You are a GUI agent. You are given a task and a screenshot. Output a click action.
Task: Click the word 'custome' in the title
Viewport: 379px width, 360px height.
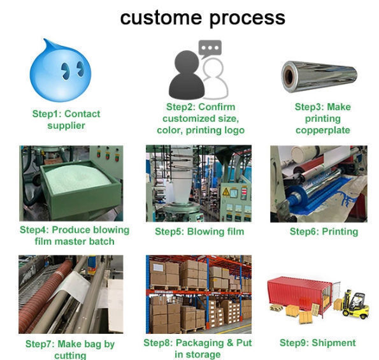(161, 18)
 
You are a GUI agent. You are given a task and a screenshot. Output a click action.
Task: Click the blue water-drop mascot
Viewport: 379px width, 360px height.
(61, 71)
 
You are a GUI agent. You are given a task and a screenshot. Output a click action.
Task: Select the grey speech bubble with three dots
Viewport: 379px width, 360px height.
(210, 49)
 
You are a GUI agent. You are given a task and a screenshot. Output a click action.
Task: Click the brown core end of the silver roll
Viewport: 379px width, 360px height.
(289, 76)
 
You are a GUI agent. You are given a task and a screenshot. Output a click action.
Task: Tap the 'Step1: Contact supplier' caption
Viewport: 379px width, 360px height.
(66, 120)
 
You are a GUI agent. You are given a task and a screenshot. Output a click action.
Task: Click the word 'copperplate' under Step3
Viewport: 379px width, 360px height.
(323, 131)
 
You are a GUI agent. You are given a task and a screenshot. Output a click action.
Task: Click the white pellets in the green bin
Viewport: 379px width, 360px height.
(78, 177)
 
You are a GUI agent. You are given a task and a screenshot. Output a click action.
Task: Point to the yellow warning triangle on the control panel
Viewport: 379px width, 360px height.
(225, 192)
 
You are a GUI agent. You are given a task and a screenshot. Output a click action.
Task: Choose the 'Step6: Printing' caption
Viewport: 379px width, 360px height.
(324, 231)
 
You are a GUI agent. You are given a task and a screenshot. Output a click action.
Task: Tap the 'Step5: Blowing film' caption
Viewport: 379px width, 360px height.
(199, 231)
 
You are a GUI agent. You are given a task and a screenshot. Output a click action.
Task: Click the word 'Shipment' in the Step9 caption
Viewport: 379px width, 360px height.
(334, 343)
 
